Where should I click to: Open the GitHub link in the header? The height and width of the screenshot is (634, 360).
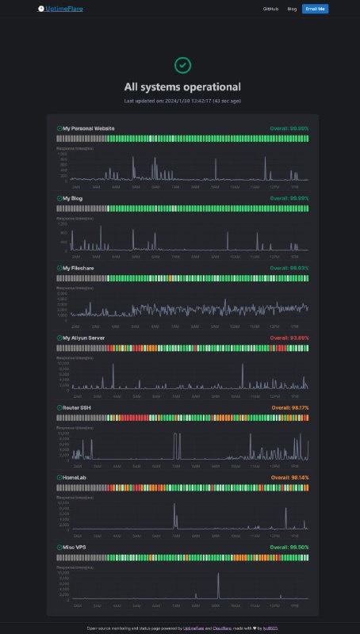270,9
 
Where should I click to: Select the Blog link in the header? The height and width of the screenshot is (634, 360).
292,9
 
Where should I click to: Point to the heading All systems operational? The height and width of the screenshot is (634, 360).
182,87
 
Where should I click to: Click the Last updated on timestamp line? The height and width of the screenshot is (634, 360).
182,101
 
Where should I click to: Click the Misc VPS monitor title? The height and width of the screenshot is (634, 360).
74,548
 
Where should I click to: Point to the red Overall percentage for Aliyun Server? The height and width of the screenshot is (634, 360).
289,338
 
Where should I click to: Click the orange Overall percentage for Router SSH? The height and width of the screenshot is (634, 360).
289,407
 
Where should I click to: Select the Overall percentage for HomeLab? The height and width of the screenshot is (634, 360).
289,478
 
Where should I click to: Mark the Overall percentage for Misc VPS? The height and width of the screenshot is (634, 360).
289,548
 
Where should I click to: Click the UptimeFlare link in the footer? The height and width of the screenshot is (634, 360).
194,628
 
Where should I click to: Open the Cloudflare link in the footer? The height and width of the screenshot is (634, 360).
221,628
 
